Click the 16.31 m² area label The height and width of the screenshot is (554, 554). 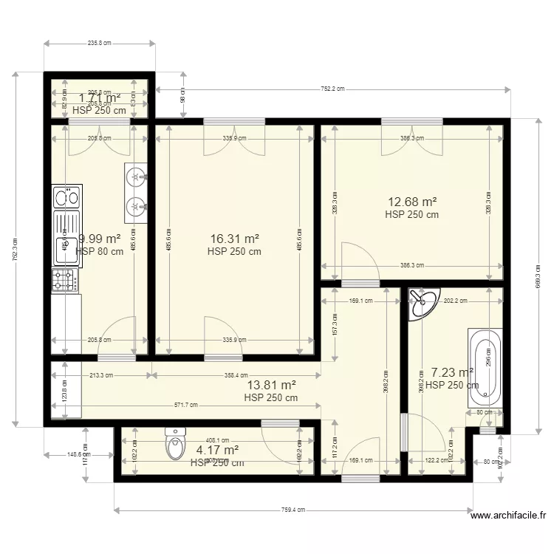point(234,239)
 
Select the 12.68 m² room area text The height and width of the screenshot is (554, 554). point(411,202)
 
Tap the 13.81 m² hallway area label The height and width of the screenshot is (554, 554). point(271,385)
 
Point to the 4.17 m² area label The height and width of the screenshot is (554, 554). point(216,449)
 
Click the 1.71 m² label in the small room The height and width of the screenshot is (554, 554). point(100,98)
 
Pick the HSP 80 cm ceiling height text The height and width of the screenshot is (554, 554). point(100,252)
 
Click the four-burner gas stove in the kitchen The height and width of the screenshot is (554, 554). point(65,280)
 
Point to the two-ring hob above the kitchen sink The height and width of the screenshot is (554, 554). point(66,196)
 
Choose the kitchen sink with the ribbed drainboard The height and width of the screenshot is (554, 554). point(66,237)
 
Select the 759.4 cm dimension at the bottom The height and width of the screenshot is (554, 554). point(293,510)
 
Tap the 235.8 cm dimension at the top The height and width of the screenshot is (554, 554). point(99,44)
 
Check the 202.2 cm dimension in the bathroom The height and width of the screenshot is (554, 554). point(456,301)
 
